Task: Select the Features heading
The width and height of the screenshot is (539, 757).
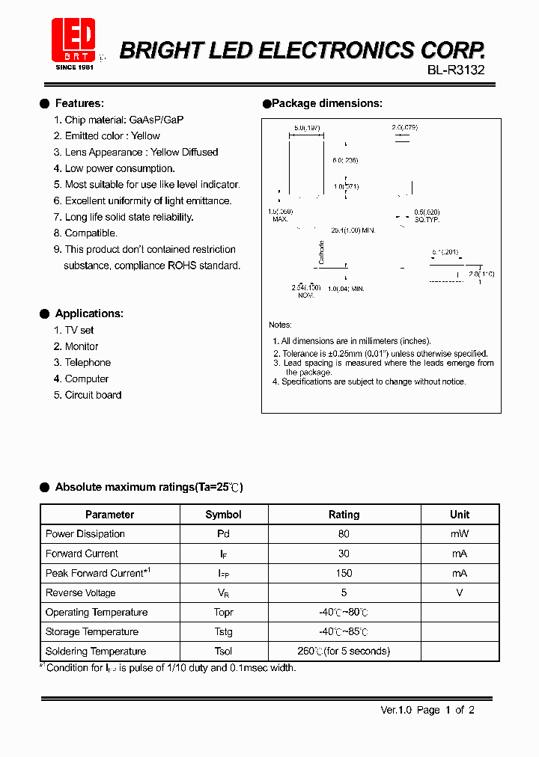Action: [x=79, y=103]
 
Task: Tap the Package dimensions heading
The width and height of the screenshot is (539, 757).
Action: [x=326, y=103]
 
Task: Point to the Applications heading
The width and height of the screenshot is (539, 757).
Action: [x=89, y=313]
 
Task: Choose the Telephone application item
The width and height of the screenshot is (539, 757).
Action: [x=88, y=362]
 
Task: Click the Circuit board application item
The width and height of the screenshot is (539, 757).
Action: [x=93, y=395]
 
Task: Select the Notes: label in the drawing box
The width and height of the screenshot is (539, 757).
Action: [x=280, y=325]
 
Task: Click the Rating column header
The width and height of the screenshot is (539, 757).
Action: [x=344, y=515]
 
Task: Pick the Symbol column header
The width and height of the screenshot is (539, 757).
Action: [x=223, y=515]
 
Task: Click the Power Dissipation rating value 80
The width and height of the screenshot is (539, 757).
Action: [x=344, y=534]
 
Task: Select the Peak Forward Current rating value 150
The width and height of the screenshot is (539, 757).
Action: [x=344, y=573]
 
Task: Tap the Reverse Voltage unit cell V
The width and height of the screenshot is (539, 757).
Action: [x=460, y=592]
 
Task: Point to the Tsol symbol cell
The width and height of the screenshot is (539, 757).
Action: [x=223, y=651]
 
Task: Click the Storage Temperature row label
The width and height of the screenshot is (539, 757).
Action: [x=91, y=631]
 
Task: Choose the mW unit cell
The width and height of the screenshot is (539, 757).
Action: [x=460, y=534]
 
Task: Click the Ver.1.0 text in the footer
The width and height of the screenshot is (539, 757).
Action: [x=396, y=710]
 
